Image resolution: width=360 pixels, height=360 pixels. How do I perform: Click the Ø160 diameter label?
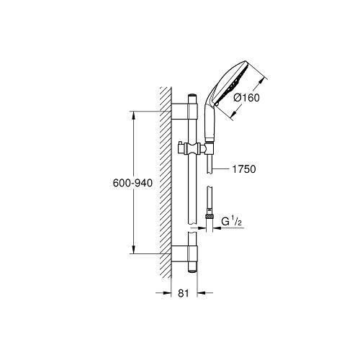[x=246, y=98]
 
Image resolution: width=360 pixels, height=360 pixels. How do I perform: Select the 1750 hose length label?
[x=244, y=169]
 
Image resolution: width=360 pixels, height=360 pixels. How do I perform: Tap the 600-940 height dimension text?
[x=132, y=183]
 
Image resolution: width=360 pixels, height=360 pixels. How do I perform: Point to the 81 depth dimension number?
[x=184, y=293]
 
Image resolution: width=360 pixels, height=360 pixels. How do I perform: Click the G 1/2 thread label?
[x=231, y=222]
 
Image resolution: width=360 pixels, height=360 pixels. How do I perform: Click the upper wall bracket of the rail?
[x=184, y=111]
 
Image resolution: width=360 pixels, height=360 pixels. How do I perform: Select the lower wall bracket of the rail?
[x=184, y=253]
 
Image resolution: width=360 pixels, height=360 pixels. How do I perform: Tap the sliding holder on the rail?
[x=193, y=148]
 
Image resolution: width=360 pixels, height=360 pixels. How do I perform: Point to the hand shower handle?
[x=210, y=122]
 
